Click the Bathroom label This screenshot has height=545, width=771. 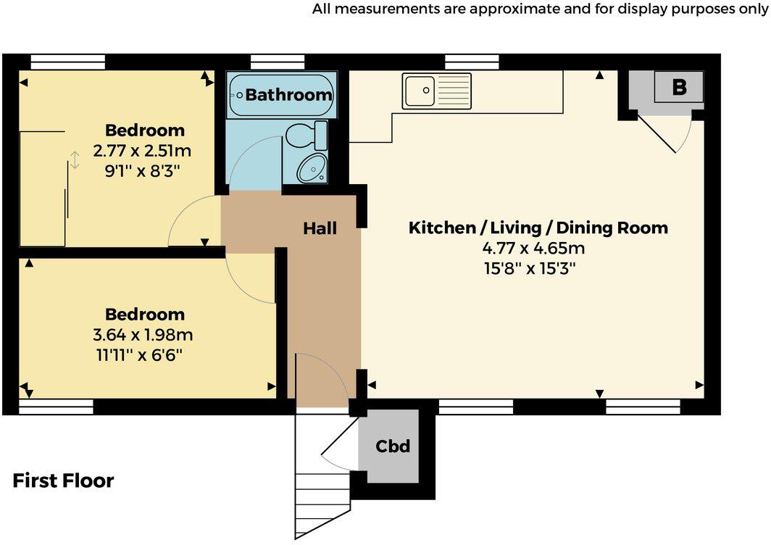pos(288,94)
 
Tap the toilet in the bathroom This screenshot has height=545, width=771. pos(304,136)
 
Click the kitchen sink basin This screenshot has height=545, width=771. pos(420,91)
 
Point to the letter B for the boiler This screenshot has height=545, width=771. pos(679,88)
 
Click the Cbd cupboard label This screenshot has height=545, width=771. pos(393,446)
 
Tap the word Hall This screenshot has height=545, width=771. pos(320,228)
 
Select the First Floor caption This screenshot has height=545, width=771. pos(63,480)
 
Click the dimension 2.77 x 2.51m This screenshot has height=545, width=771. pos(142,152)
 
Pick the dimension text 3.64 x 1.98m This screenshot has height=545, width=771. pos(144,336)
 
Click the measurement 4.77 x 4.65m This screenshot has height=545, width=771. pos(533,249)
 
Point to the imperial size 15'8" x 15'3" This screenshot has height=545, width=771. pos(533,268)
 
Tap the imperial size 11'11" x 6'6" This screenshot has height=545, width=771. pos(144,355)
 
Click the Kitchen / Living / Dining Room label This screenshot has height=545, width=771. pos(538,228)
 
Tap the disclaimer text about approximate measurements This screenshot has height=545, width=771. pos(541,9)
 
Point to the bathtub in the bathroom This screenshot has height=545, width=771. pos(281,95)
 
